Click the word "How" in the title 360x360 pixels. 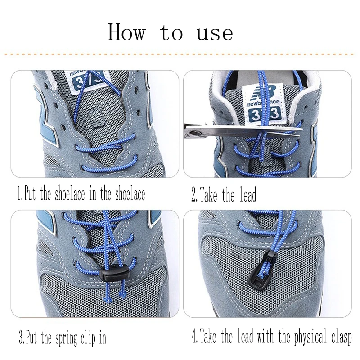(x=127, y=32)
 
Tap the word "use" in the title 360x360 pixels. (x=215, y=33)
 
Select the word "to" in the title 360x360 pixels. (x=171, y=33)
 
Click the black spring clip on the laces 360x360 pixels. (x=114, y=274)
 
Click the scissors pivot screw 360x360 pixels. (x=196, y=132)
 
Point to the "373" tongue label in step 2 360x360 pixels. (x=265, y=114)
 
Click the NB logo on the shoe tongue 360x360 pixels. (x=263, y=92)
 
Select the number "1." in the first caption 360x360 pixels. (x=20, y=193)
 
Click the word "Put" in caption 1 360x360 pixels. (x=30, y=193)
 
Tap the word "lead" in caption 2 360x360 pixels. (x=248, y=194)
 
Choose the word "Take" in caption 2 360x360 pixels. (x=208, y=194)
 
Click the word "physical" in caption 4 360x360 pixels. (x=310, y=337)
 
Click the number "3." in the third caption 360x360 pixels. (x=22, y=337)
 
